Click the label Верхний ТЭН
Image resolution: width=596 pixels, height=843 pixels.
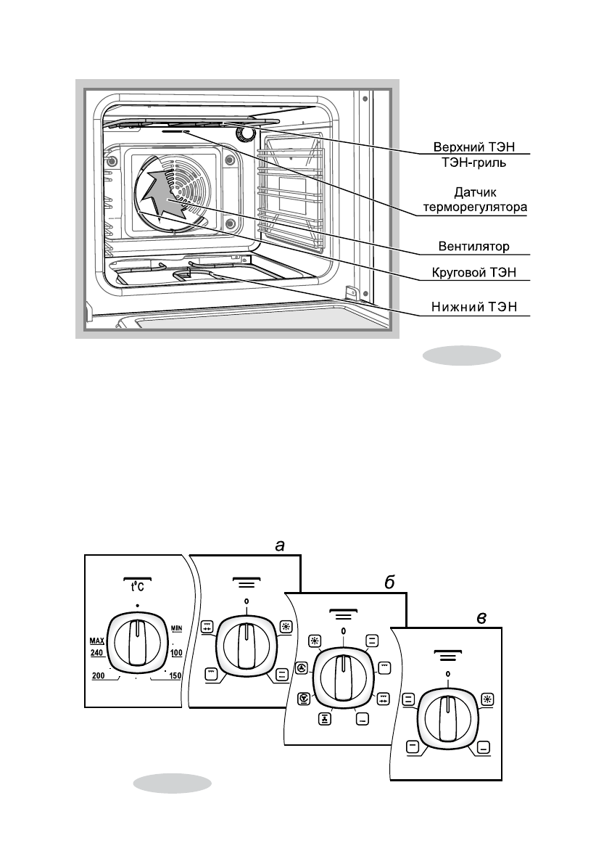click(474, 147)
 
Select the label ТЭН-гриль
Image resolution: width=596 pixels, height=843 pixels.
click(474, 162)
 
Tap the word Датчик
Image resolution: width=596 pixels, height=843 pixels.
click(475, 192)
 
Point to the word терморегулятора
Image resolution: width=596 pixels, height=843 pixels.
click(475, 207)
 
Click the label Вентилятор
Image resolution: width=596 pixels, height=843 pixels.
click(473, 247)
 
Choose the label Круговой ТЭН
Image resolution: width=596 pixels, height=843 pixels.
click(474, 273)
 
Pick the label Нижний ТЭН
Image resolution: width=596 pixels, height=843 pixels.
click(474, 307)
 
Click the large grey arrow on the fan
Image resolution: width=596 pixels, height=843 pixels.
click(166, 194)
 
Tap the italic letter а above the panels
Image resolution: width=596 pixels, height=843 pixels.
click(279, 546)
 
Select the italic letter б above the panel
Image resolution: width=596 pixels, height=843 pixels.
click(389, 583)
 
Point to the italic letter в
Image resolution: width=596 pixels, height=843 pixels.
click(481, 618)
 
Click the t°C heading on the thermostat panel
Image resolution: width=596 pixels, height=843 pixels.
click(138, 585)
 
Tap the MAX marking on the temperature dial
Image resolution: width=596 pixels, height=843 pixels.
click(96, 641)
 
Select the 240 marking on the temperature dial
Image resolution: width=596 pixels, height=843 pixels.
click(96, 653)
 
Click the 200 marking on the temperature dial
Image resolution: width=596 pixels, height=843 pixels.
click(98, 676)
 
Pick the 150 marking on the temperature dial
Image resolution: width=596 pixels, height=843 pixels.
click(175, 676)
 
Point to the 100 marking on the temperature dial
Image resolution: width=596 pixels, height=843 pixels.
click(176, 653)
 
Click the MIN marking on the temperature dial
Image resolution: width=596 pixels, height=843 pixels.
click(177, 628)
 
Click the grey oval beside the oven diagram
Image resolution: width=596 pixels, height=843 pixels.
click(462, 355)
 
